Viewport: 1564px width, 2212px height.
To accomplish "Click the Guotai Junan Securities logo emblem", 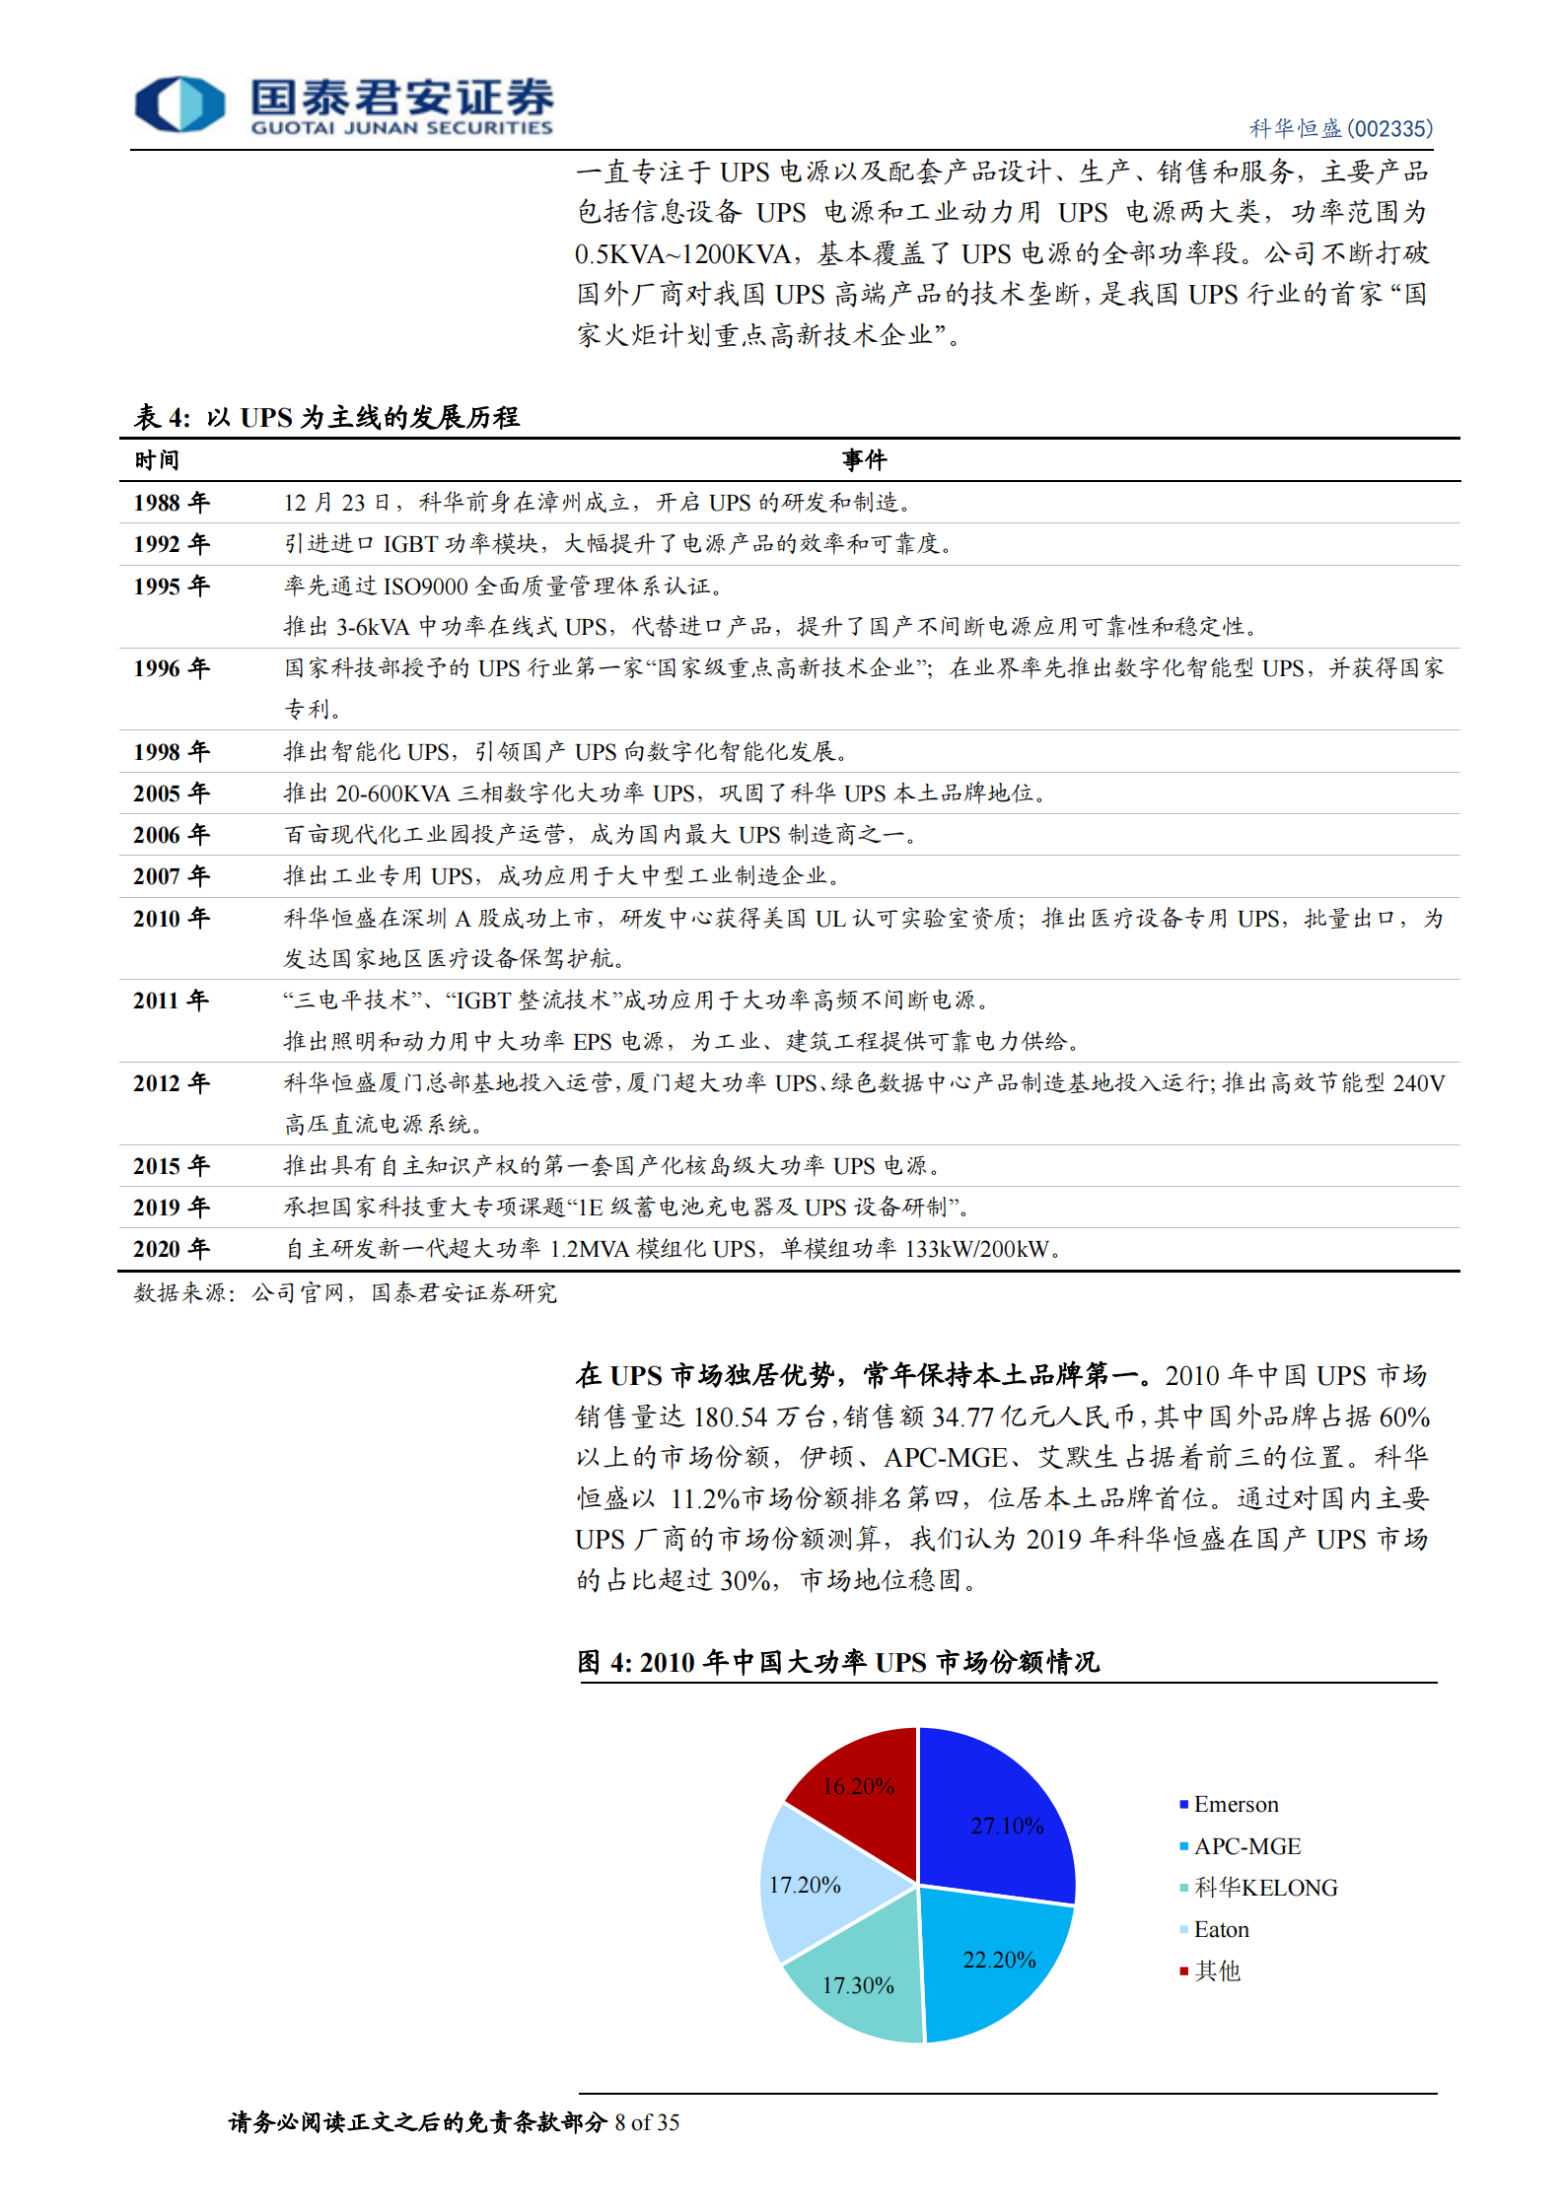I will point(179,104).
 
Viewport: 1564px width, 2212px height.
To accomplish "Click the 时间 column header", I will point(157,460).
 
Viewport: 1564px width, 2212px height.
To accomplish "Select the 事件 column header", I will point(864,460).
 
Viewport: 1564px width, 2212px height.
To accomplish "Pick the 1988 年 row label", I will point(172,503).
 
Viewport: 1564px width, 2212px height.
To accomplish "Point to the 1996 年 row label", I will point(172,668).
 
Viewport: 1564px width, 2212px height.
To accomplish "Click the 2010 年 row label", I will point(172,919).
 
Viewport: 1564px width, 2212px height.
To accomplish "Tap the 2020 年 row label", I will point(172,1249).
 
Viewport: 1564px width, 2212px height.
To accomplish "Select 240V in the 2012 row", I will point(1418,1083).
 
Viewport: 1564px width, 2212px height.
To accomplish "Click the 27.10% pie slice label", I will point(1007,1826).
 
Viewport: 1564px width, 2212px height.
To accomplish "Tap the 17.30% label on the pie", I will point(858,1985).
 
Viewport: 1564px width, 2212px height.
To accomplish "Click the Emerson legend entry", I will point(1235,1804).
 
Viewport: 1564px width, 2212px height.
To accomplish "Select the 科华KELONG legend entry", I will point(1265,1888).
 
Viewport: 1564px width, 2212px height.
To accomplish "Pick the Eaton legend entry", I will point(1221,1929).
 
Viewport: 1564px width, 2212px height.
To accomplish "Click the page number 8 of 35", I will point(647,2122).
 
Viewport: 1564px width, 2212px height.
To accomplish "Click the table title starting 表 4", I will point(326,417).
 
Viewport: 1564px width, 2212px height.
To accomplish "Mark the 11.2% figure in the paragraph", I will point(704,1499).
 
